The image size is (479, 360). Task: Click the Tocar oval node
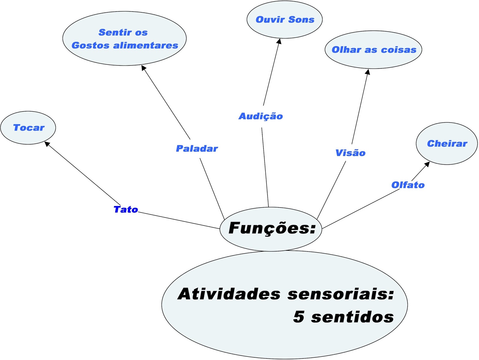(28, 128)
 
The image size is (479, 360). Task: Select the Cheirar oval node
(447, 143)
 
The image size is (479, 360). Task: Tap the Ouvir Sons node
(284, 20)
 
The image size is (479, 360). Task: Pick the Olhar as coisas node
(373, 50)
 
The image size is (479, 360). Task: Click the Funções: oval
(271, 229)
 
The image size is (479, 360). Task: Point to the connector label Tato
(126, 209)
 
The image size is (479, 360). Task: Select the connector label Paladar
(197, 149)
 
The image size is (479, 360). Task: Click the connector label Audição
(260, 116)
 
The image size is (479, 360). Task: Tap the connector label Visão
(350, 153)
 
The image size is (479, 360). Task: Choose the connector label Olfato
(408, 185)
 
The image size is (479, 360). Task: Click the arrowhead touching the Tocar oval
(47, 144)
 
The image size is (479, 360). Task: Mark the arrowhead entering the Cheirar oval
(427, 164)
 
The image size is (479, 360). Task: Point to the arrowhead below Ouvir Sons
(279, 41)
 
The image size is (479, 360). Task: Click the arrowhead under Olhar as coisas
(368, 72)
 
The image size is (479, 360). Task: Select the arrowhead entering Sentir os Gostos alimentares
(143, 68)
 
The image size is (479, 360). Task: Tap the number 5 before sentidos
(299, 317)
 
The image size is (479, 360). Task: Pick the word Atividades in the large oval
(229, 294)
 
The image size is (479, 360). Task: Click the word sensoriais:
(341, 294)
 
